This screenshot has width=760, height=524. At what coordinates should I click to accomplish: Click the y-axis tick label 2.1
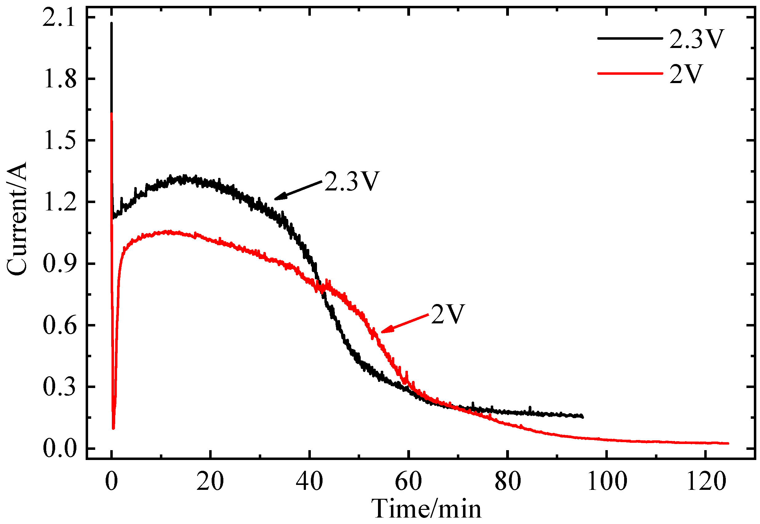pos(59,18)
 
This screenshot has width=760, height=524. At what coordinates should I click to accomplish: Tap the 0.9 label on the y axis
pos(59,264)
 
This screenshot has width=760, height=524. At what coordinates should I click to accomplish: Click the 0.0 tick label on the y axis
pos(59,449)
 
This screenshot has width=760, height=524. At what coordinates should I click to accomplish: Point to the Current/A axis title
pos(16,218)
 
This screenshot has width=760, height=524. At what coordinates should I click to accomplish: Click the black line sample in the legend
pos(629,39)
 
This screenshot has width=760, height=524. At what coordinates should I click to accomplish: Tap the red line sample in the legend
pos(629,73)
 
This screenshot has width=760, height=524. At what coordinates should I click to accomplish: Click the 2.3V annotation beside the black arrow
pos(352,181)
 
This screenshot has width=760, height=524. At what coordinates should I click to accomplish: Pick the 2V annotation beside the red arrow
pos(448,314)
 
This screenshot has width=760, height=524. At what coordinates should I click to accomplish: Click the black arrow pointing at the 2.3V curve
pos(298,190)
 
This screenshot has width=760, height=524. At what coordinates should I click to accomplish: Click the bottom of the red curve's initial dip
pos(113,428)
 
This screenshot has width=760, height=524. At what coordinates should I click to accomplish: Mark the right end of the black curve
pos(583,417)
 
